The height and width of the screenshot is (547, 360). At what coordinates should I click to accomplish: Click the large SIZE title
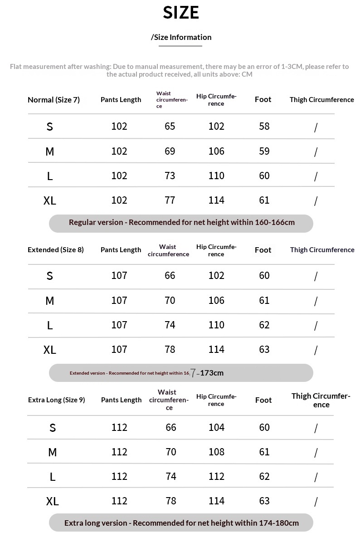[x=181, y=13]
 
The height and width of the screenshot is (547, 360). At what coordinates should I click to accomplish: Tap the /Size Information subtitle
[x=181, y=37]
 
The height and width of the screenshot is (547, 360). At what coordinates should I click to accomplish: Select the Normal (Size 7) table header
[x=54, y=100]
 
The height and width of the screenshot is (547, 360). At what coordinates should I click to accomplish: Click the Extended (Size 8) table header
[x=56, y=250]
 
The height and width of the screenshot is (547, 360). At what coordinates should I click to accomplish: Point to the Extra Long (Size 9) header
[x=56, y=400]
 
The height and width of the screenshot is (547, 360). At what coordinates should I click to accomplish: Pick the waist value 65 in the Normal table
[x=170, y=126]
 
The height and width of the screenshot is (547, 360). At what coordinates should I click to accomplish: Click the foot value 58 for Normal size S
[x=264, y=126]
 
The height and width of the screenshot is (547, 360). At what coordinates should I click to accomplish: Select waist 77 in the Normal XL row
[x=170, y=200]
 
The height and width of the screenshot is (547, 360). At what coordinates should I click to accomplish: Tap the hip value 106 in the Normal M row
[x=216, y=151]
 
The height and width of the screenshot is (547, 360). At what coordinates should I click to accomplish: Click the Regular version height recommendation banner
[x=181, y=223]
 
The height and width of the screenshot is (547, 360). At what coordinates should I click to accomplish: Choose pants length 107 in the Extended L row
[x=119, y=325]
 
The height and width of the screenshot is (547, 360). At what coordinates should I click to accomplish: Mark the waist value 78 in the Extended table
[x=170, y=349]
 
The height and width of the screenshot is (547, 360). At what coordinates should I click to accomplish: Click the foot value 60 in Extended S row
[x=264, y=275]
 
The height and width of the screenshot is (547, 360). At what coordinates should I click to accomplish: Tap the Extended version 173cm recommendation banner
[x=181, y=373]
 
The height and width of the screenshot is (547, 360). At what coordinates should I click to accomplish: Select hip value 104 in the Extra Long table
[x=216, y=427]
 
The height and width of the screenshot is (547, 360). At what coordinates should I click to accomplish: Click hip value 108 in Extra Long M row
[x=216, y=452]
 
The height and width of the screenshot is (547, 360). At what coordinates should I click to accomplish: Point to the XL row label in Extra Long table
[x=53, y=501]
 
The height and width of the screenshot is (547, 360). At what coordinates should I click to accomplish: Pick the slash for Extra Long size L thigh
[x=316, y=477]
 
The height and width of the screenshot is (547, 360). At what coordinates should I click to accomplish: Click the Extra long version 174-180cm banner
[x=181, y=523]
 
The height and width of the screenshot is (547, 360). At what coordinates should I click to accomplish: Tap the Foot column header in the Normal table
[x=263, y=99]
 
